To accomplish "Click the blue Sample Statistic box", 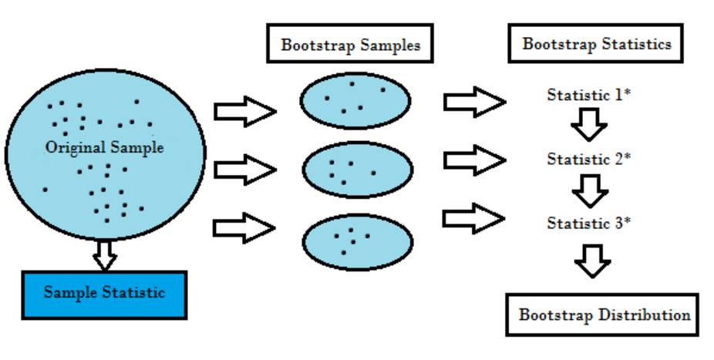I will (104, 293).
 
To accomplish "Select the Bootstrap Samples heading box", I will (350, 45).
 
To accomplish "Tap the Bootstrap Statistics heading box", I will (596, 44).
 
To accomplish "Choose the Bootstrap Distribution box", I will (603, 315).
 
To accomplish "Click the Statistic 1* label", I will (589, 96).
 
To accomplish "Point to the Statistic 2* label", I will (589, 159).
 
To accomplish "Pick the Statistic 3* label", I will (589, 224).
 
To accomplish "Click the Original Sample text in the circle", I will (104, 147).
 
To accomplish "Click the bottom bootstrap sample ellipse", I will (355, 241).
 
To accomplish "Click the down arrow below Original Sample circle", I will (104, 254).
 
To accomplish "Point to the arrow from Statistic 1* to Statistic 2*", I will (590, 123).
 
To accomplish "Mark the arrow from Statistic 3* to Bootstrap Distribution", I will (593, 261).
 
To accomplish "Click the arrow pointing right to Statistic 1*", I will (473, 101).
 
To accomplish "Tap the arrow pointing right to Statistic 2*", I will (473, 159).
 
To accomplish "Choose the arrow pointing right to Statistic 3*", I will (473, 217).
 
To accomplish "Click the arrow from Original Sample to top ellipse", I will (244, 112).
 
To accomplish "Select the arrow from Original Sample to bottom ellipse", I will (244, 228).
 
